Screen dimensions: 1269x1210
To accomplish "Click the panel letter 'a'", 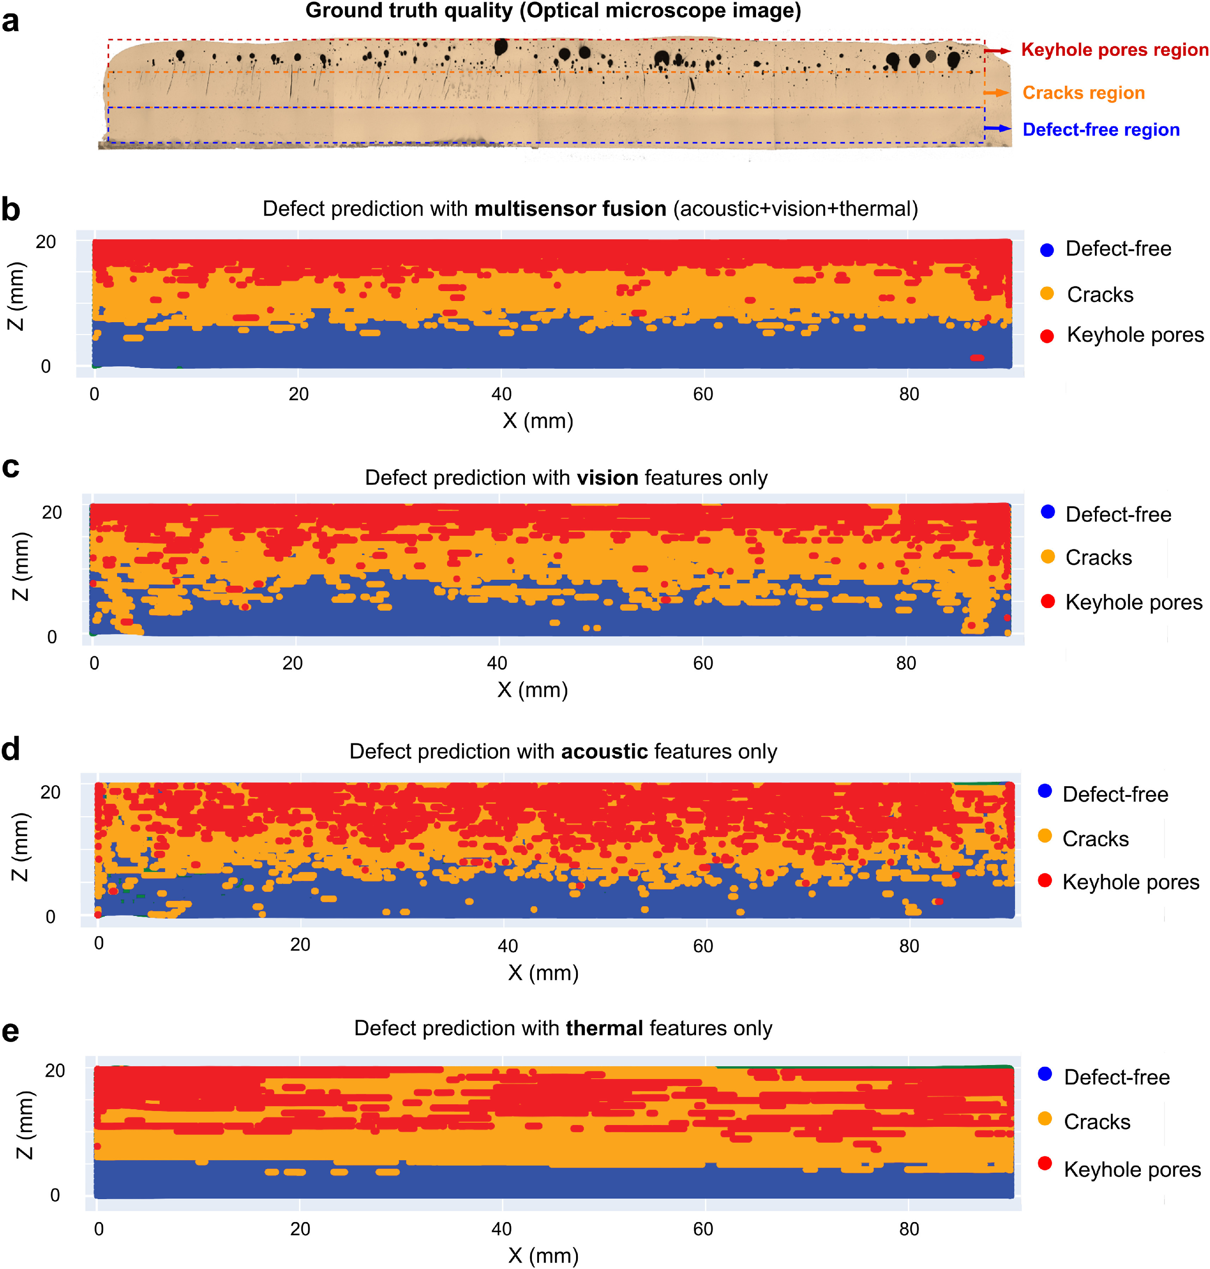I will pyautogui.click(x=10, y=21).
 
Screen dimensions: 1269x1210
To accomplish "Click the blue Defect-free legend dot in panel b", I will pyautogui.click(x=1047, y=249).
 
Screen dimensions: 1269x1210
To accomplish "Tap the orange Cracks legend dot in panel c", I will pyautogui.click(x=1048, y=557).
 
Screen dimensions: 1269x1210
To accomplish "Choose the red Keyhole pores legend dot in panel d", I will pyautogui.click(x=1045, y=881).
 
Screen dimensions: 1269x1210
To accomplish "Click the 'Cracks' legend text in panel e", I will pyautogui.click(x=1096, y=1122).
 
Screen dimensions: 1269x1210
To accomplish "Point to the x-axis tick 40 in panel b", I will pyautogui.click(x=501, y=394).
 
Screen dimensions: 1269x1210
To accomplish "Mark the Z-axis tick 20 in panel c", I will pyautogui.click(x=52, y=513).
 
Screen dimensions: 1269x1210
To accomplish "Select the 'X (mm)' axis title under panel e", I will pyautogui.click(x=543, y=1256).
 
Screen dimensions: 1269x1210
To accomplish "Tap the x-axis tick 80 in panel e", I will pyautogui.click(x=909, y=1229).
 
